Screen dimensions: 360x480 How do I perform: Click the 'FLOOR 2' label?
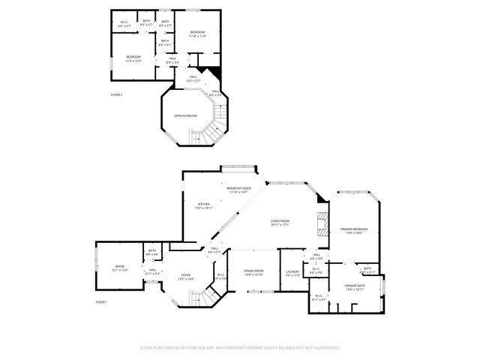pyautogui.click(x=116, y=94)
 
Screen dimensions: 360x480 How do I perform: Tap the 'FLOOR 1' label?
pyautogui.click(x=101, y=301)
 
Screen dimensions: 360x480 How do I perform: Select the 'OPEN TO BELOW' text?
pyautogui.click(x=185, y=115)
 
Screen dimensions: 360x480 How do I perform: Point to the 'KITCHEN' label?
pyautogui.click(x=203, y=204)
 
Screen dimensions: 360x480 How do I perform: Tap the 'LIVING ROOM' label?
pyautogui.click(x=280, y=220)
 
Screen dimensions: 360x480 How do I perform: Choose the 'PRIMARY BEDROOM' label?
pyautogui.click(x=353, y=229)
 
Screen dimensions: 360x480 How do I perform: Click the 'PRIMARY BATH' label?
pyautogui.click(x=355, y=285)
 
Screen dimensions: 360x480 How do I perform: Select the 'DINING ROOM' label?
pyautogui.click(x=253, y=271)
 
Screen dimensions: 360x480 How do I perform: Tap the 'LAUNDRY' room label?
pyautogui.click(x=292, y=272)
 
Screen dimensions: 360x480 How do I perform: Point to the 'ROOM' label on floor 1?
pyautogui.click(x=120, y=266)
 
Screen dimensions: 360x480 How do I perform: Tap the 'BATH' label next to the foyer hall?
pyautogui.click(x=152, y=251)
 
